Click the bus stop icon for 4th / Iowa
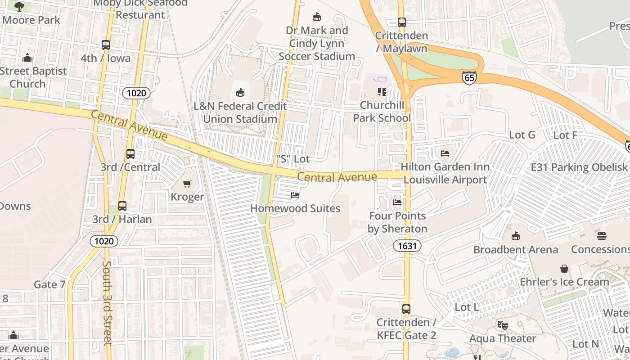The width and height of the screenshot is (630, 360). click(106, 45)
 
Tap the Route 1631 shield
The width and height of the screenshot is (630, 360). click(407, 246)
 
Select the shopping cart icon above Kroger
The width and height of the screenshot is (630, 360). click(187, 184)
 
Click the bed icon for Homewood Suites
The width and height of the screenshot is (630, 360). click(295, 195)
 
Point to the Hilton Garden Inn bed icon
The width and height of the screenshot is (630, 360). click(445, 153)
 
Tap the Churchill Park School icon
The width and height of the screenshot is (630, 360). click(382, 92)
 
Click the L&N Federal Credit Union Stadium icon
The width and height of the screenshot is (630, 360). click(240, 93)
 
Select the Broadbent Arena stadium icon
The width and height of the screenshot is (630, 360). click(516, 236)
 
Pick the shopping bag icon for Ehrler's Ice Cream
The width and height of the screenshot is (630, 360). click(564, 269)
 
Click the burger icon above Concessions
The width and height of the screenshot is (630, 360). click(601, 236)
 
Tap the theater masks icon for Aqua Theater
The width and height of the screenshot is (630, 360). click(503, 325)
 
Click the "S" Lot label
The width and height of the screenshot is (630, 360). click(293, 159)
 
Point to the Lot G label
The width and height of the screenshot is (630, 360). click(522, 135)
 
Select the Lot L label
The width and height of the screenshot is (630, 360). click(467, 307)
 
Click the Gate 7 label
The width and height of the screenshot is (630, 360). click(49, 284)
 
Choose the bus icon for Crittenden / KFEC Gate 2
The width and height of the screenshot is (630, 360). click(406, 309)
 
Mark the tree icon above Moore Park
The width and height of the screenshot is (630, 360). click(19, 6)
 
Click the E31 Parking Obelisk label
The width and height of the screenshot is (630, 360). click(579, 167)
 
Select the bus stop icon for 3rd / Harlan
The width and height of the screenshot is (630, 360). click(122, 206)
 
